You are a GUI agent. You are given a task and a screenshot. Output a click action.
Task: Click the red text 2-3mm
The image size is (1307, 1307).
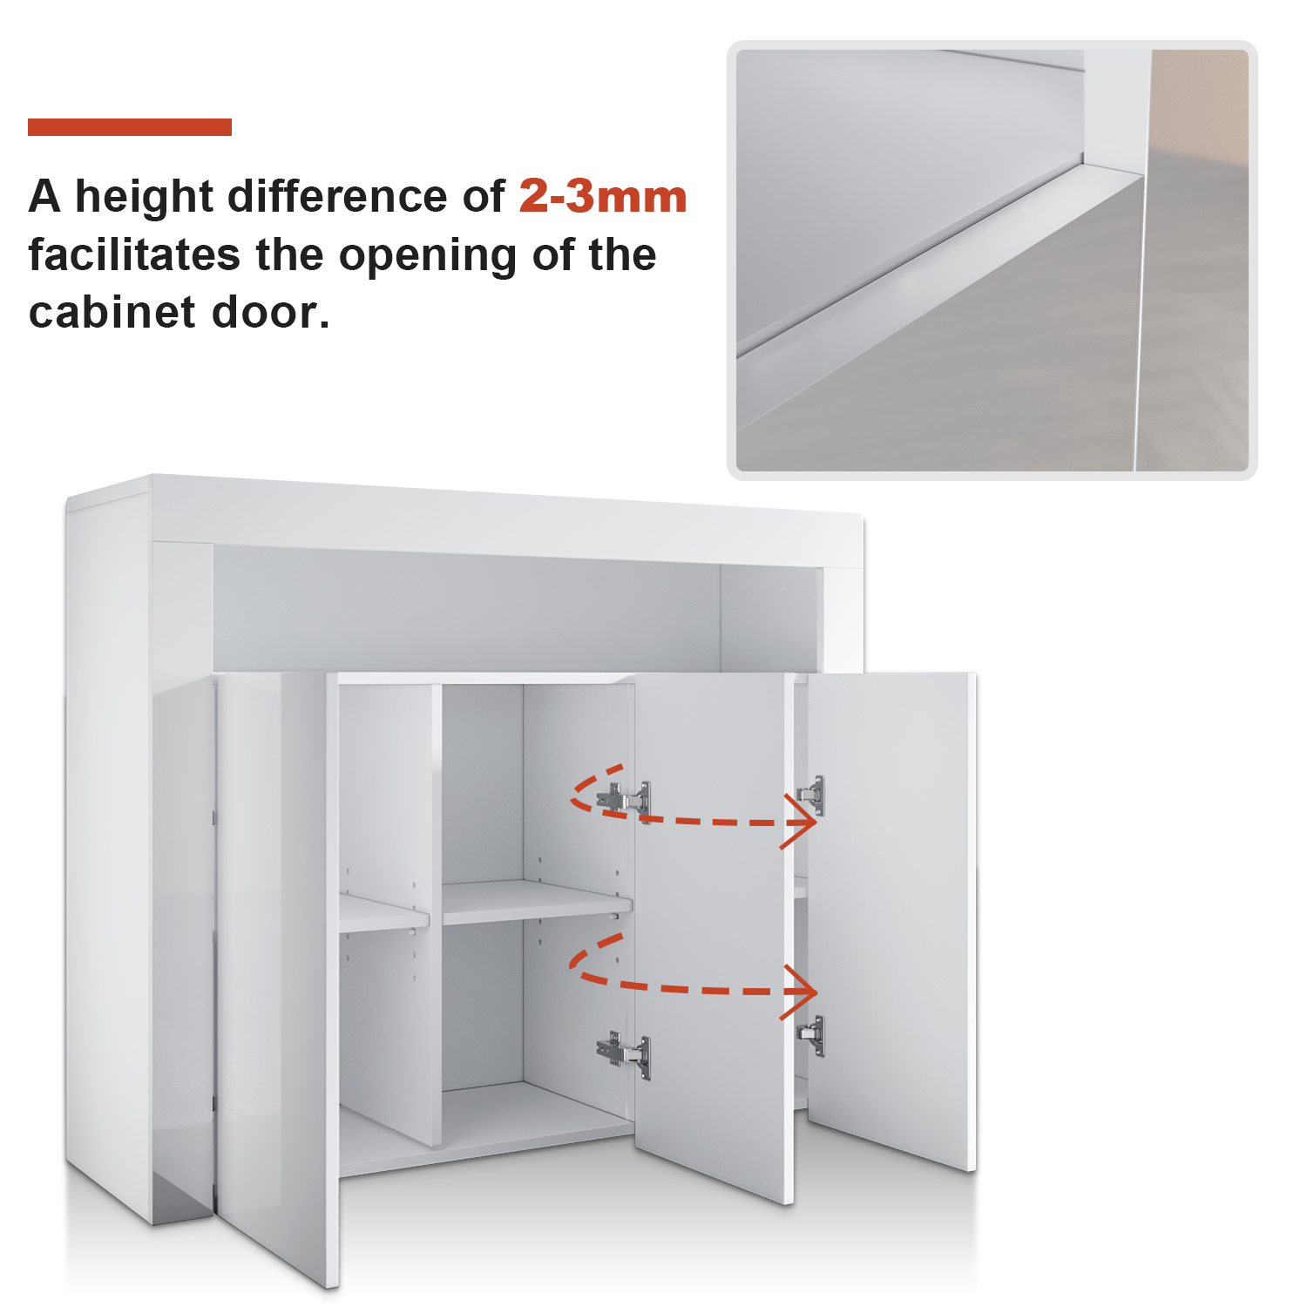[x=603, y=196]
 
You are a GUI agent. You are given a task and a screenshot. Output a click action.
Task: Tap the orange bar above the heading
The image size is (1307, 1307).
[x=130, y=127]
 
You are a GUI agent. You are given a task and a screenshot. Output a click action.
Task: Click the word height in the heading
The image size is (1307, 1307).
[x=144, y=198]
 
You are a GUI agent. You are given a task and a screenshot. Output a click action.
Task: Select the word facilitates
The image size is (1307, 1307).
[x=134, y=254]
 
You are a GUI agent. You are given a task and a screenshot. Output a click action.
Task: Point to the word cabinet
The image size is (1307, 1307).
[x=112, y=312]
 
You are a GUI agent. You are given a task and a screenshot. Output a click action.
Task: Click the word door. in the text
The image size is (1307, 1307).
[x=271, y=312]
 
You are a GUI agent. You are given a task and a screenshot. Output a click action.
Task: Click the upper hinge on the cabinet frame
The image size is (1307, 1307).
[x=624, y=797]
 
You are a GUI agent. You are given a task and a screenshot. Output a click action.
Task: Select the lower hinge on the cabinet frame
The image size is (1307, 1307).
[x=624, y=1053]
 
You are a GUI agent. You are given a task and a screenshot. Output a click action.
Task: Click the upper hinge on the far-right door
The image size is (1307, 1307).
[x=811, y=795]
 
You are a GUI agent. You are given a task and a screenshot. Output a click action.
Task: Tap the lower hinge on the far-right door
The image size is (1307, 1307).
[x=811, y=1036]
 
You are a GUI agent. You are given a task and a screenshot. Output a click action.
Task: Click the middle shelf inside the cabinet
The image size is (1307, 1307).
[x=537, y=901]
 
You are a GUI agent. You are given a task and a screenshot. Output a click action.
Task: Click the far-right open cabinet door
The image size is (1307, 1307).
[x=890, y=919]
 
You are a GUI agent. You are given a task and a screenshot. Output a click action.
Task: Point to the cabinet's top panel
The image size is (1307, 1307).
[x=505, y=518]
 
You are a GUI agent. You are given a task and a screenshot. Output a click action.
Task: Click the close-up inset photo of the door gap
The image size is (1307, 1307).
[x=992, y=260]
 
